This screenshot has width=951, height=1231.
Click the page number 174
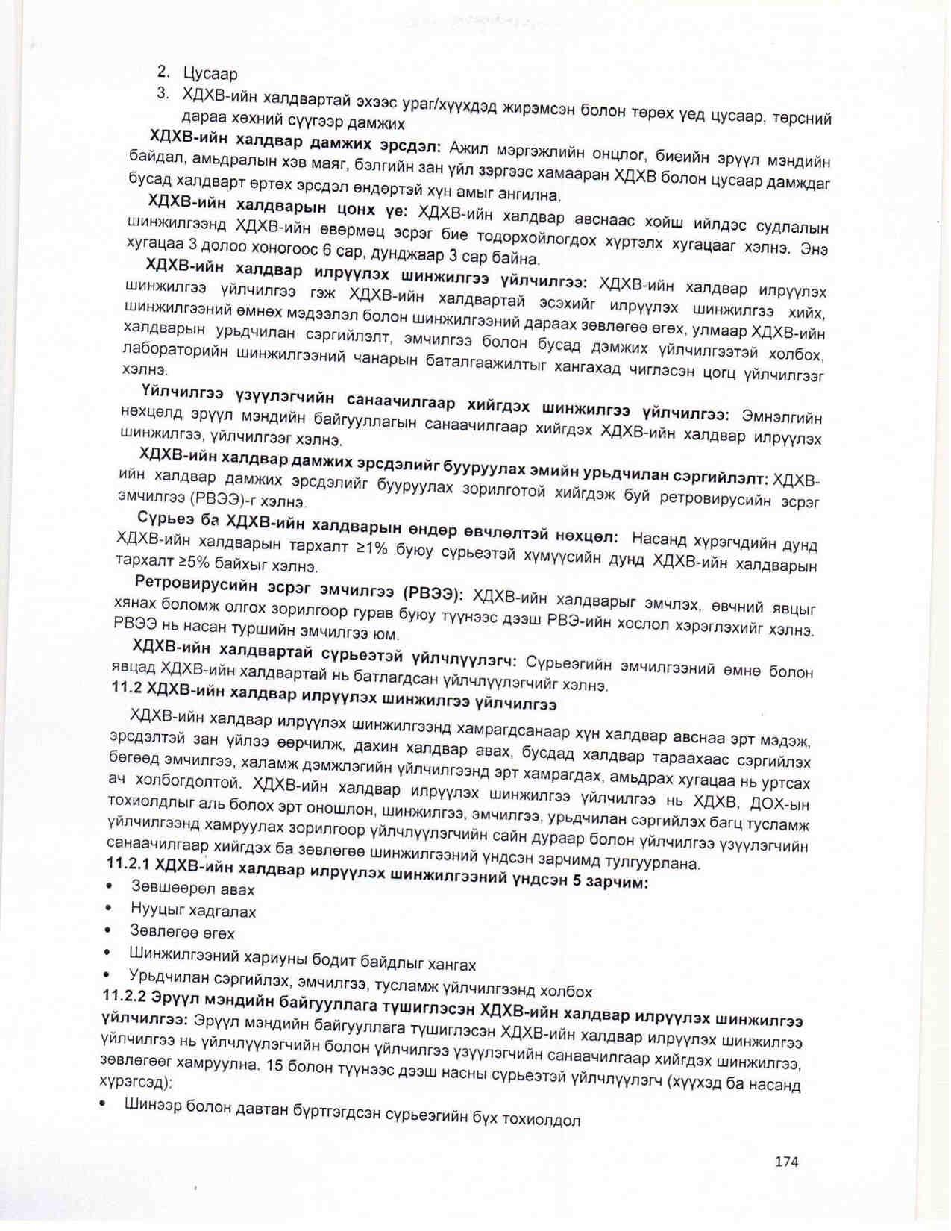(786, 1161)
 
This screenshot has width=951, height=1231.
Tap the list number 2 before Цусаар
(162, 72)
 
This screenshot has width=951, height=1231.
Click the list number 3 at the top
(162, 94)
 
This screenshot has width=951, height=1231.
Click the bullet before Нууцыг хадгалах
(110, 908)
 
